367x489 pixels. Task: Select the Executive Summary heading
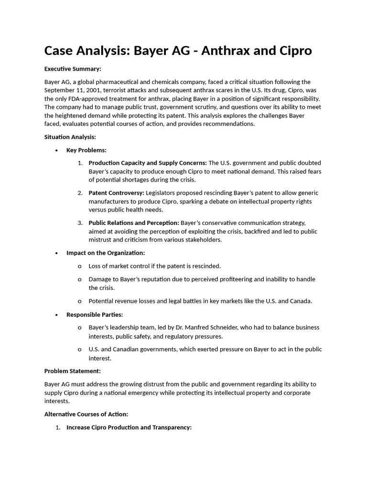73,69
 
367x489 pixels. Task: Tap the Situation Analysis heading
70,137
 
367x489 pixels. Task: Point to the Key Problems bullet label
86,150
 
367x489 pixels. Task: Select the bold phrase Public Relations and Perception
134,223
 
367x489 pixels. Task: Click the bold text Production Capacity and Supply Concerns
148,163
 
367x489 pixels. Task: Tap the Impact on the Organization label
106,253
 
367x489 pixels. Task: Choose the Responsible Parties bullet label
95,315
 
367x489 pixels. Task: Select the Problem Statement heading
73,371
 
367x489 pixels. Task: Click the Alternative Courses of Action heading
86,414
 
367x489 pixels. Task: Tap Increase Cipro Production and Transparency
129,427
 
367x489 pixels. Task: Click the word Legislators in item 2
162,193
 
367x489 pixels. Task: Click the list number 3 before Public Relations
80,223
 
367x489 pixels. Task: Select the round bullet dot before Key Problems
56,150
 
